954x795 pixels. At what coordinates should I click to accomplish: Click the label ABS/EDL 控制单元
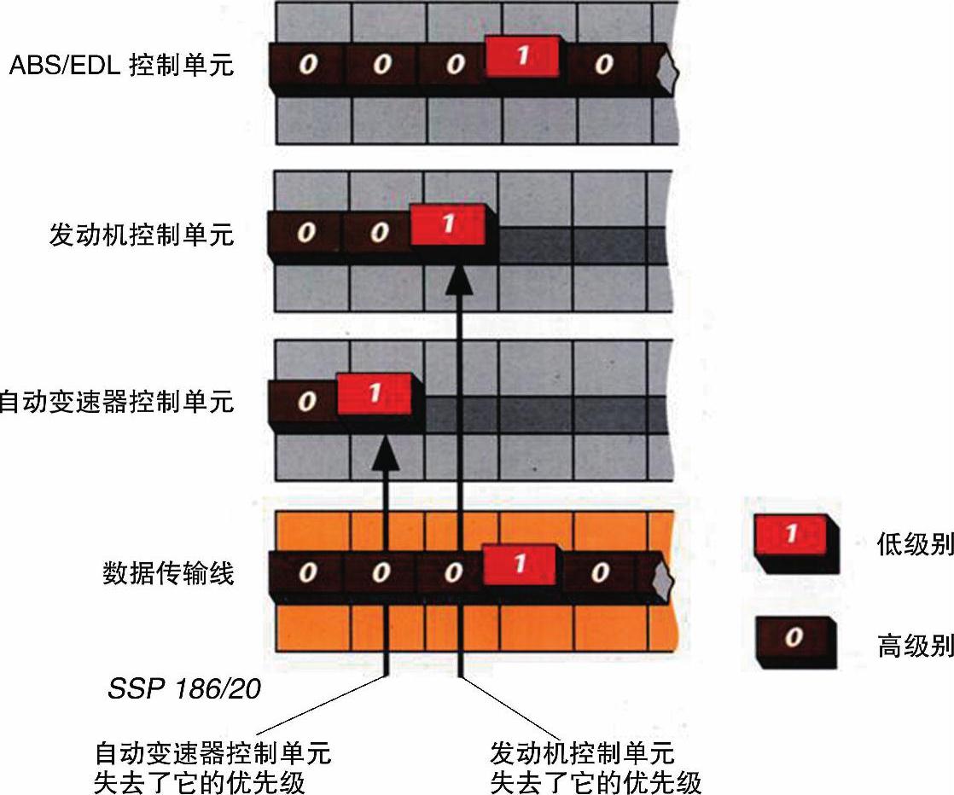(120, 66)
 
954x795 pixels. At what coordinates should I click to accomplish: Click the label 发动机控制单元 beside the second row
(141, 234)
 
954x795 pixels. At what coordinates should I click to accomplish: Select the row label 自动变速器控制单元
(116, 402)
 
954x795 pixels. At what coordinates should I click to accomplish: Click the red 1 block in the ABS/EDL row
(522, 57)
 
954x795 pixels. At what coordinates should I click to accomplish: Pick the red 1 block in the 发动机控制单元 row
(447, 225)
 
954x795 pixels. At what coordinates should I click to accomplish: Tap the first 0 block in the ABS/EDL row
(306, 66)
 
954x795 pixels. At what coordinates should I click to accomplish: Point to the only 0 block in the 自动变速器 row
(306, 402)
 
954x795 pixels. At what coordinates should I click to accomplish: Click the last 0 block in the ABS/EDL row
(604, 66)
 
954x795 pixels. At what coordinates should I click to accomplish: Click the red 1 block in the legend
(793, 535)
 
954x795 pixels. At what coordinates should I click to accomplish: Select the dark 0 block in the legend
(793, 637)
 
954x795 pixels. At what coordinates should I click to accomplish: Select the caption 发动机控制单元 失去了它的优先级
(595, 768)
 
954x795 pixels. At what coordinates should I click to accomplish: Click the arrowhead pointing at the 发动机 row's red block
(461, 277)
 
